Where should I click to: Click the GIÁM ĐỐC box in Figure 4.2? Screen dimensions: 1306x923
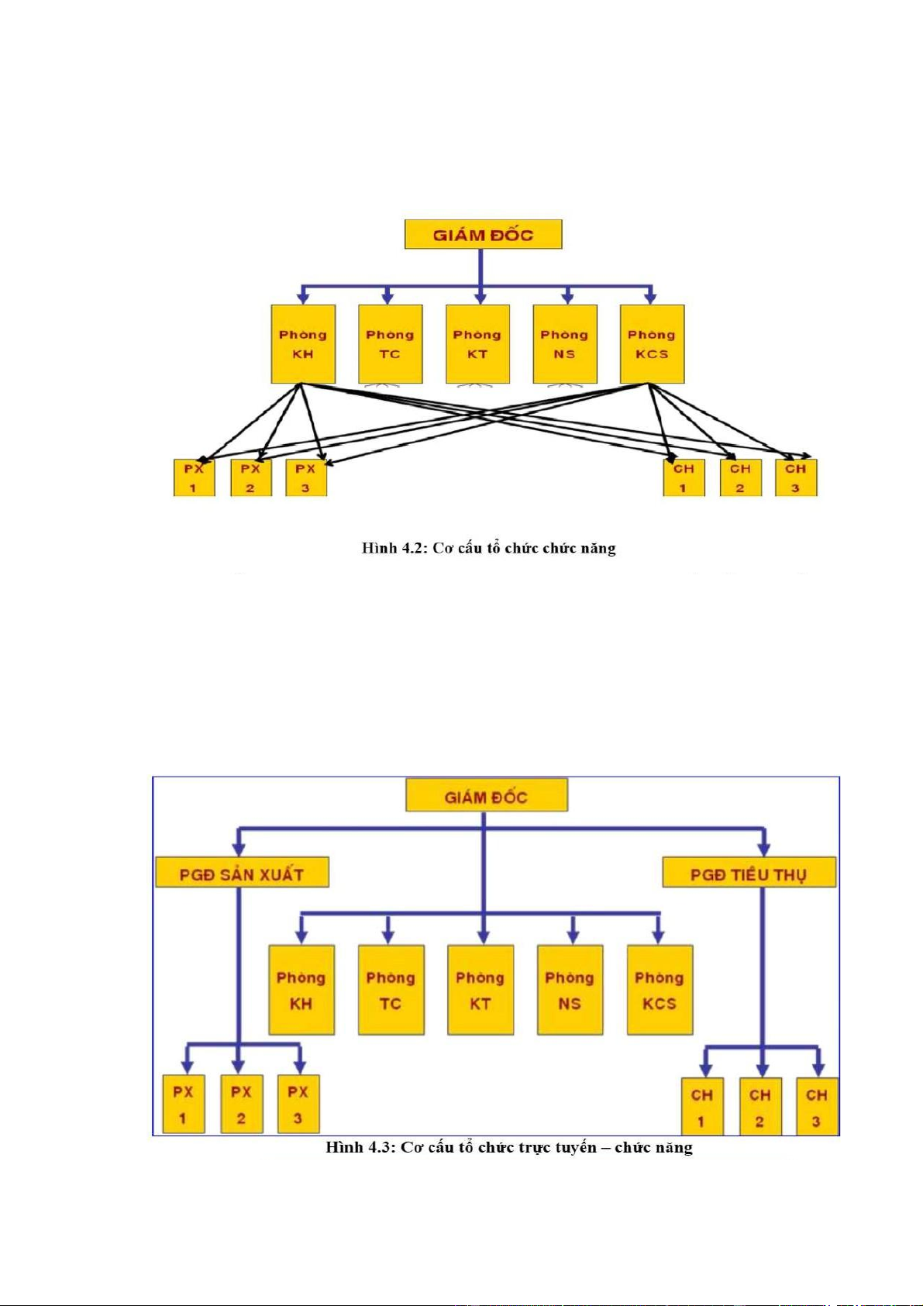tap(483, 235)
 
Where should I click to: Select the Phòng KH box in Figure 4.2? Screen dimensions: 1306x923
tap(303, 344)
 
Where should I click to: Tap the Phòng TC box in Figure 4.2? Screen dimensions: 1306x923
tap(391, 344)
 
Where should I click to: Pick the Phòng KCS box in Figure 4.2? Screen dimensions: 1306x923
tap(652, 344)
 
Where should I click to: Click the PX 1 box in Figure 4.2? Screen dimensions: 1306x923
tap(194, 478)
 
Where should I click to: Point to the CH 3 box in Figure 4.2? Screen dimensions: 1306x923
tap(796, 478)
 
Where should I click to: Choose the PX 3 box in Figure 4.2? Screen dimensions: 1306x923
tap(306, 478)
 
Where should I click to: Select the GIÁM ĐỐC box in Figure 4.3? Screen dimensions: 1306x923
tap(486, 796)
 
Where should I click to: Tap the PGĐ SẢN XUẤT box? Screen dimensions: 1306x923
tap(242, 873)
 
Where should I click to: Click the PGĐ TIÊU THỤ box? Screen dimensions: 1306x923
tap(749, 873)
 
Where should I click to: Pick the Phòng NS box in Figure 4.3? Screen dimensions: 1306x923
tap(570, 990)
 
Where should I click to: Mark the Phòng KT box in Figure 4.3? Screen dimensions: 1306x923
tap(480, 990)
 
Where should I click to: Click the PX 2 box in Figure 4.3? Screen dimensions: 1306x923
tap(241, 1104)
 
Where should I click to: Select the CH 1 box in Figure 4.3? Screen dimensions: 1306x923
tap(702, 1107)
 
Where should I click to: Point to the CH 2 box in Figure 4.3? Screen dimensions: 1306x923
tap(759, 1107)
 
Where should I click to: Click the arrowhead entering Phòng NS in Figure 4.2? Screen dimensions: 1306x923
tap(567, 298)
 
